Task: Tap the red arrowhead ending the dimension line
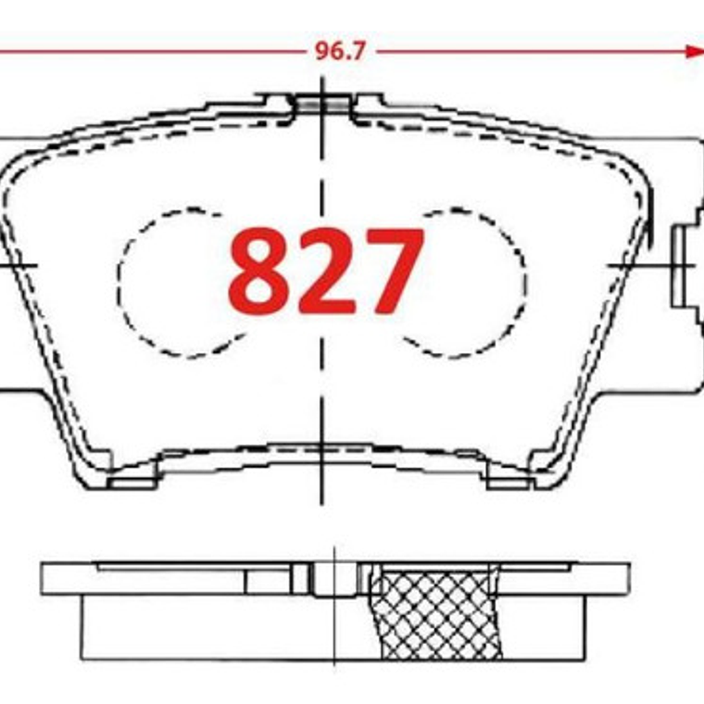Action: pyautogui.click(x=694, y=52)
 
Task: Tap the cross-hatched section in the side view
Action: pyautogui.click(x=435, y=613)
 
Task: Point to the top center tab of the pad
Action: pyautogui.click(x=321, y=103)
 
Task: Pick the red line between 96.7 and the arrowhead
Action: pyautogui.click(x=528, y=52)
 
